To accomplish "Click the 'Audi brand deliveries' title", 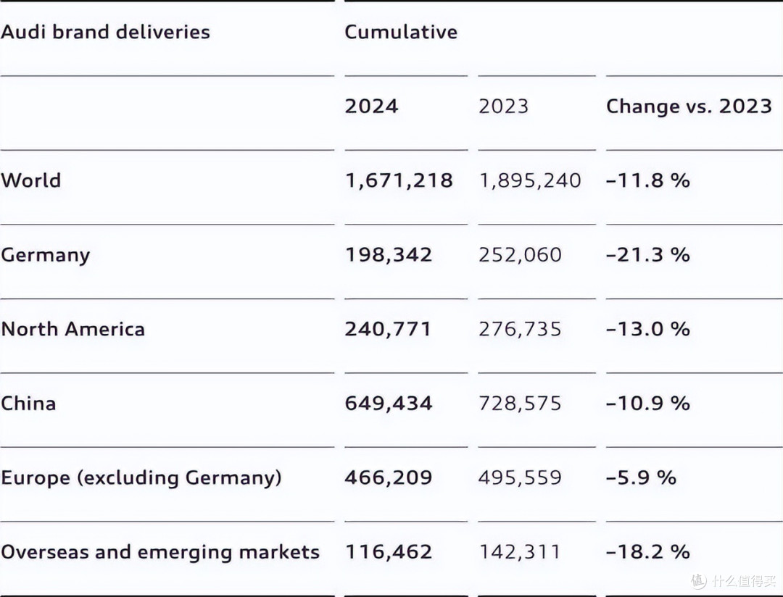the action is pyautogui.click(x=105, y=31).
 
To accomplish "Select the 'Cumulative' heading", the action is pyautogui.click(x=401, y=32).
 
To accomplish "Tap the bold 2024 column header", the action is pyautogui.click(x=371, y=106).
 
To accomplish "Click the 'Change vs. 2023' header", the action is pyautogui.click(x=689, y=106).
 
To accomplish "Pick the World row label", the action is pyautogui.click(x=31, y=180).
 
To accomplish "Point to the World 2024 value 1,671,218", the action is pyautogui.click(x=399, y=180).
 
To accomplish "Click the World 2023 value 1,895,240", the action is pyautogui.click(x=530, y=180).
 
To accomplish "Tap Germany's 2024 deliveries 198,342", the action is pyautogui.click(x=389, y=254).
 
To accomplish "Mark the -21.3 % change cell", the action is pyautogui.click(x=648, y=254).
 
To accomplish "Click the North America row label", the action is pyautogui.click(x=73, y=329).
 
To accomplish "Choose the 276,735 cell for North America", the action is pyautogui.click(x=520, y=329).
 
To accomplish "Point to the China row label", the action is pyautogui.click(x=28, y=404).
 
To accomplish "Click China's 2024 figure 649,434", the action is pyautogui.click(x=389, y=404).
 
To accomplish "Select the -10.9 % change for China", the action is pyautogui.click(x=648, y=404).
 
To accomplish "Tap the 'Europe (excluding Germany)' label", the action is pyautogui.click(x=141, y=477).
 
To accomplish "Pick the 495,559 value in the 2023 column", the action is pyautogui.click(x=520, y=477).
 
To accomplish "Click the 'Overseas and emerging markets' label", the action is pyautogui.click(x=160, y=552).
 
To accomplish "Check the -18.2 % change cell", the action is pyautogui.click(x=648, y=552).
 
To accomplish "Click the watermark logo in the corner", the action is pyautogui.click(x=699, y=580).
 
